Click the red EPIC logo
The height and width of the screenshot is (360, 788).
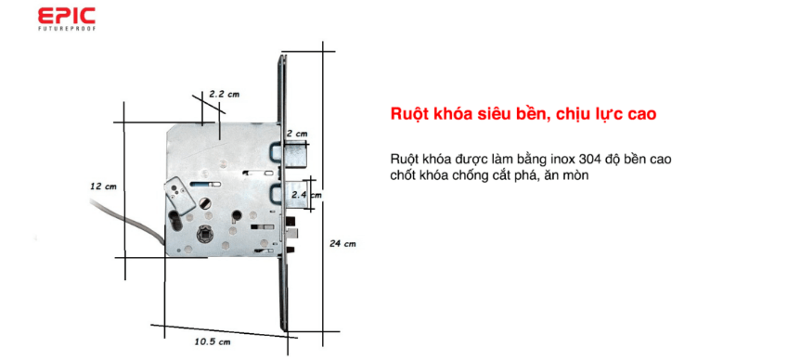click(x=66, y=16)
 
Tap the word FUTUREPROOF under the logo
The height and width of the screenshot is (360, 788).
click(x=66, y=28)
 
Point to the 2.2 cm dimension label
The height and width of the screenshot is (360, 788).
click(x=224, y=94)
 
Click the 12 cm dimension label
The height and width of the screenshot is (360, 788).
click(x=103, y=186)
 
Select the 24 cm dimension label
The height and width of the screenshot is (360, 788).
click(x=342, y=243)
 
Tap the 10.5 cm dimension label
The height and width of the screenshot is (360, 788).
click(x=212, y=342)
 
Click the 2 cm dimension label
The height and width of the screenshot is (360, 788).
click(x=296, y=134)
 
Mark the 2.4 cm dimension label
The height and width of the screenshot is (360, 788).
click(x=306, y=195)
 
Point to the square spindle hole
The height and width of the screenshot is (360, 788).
click(x=204, y=234)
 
